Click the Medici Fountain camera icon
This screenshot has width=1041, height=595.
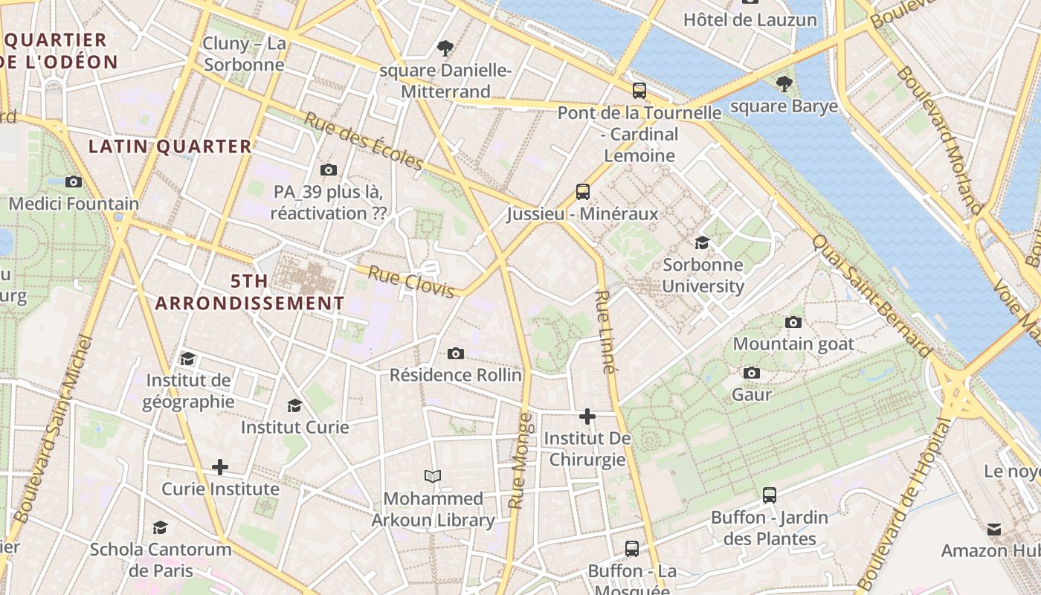click(73, 181)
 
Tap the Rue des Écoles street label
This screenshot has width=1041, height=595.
click(364, 141)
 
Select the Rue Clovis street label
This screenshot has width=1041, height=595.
click(410, 282)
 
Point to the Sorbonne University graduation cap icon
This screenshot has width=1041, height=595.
click(702, 242)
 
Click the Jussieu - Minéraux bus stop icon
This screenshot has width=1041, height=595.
click(583, 192)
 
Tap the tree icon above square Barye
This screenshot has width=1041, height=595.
click(784, 83)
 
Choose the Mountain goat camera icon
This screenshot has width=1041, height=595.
click(793, 322)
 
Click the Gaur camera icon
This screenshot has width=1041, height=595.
click(752, 373)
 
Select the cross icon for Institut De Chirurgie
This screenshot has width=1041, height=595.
click(587, 416)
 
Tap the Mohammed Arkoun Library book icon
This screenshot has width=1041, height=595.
click(433, 476)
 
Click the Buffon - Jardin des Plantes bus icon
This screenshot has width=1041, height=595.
click(770, 495)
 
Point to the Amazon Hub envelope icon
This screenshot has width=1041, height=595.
click(994, 529)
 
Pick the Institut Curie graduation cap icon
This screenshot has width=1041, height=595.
click(295, 405)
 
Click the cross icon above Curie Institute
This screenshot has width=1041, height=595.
click(220, 467)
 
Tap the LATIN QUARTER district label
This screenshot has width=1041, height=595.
click(170, 147)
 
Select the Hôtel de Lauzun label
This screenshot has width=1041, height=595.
click(750, 20)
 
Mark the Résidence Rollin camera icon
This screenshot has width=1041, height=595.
click(456, 353)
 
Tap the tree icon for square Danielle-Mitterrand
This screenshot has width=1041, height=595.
click(445, 49)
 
